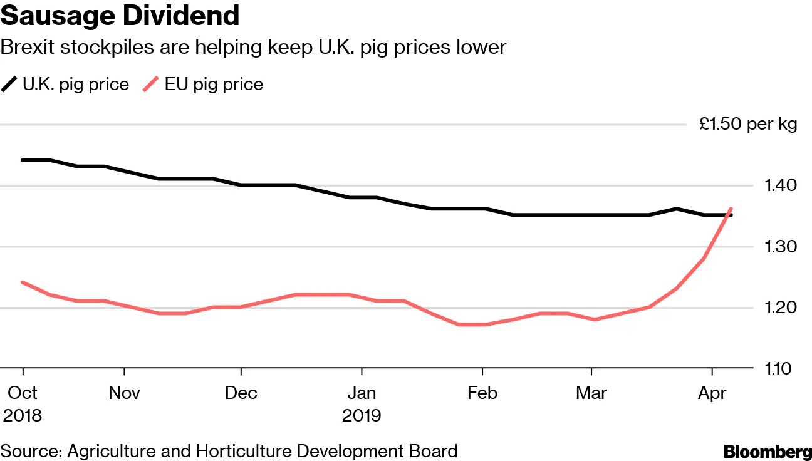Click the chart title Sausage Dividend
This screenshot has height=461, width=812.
120,16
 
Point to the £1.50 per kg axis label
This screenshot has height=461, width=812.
748,124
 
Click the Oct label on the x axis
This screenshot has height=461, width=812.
23,393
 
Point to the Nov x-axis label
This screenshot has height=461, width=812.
124,393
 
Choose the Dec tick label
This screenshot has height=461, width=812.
241,393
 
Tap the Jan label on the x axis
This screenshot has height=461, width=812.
362,393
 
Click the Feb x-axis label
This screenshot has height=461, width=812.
482,393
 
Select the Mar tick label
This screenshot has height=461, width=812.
591,393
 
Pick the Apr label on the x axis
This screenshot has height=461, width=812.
712,393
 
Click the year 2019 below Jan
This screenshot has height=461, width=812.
362,415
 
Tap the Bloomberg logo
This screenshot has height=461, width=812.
767,451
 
